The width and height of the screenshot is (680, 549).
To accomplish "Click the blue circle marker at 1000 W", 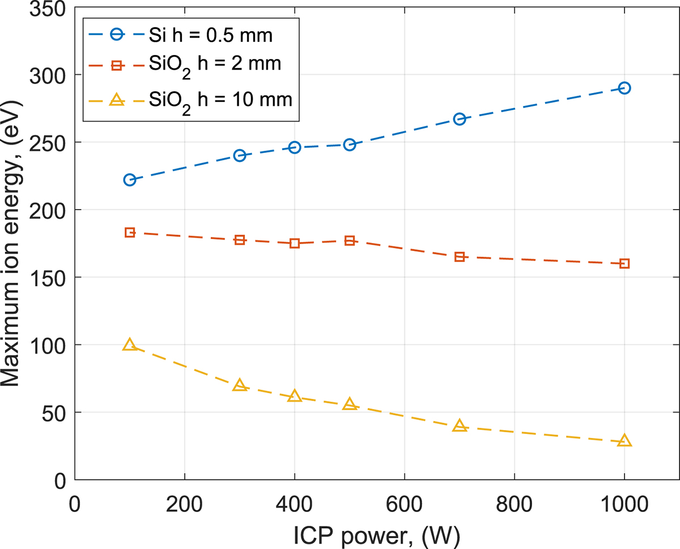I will [624, 88].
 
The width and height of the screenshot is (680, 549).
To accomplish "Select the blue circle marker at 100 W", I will [130, 180].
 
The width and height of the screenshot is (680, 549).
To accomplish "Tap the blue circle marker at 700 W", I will [460, 119].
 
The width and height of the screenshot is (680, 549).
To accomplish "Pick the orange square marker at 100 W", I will [130, 232].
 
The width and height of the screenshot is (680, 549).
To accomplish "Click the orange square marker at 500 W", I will [350, 241].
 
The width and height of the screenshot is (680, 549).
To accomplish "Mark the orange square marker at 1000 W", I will [624, 263].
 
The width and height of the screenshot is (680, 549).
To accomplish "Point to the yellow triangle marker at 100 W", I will [130, 345].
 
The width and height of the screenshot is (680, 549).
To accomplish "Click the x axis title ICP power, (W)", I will [377, 534].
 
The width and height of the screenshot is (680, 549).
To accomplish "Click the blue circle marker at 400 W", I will [295, 147].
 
